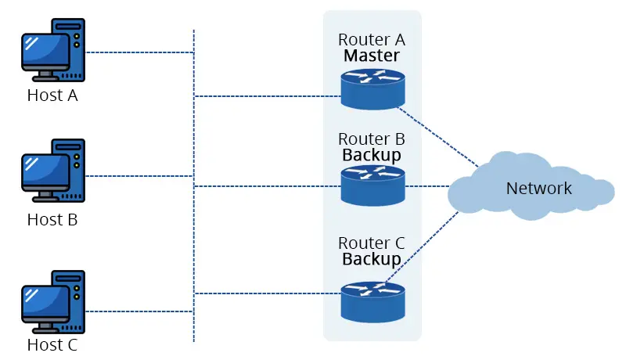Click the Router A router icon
[372, 87]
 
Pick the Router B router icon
[372, 185]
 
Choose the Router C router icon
[372, 301]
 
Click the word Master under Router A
[372, 56]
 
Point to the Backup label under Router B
[372, 155]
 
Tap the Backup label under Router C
[372, 258]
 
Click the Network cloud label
[538, 189]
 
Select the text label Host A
[52, 96]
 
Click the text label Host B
[52, 220]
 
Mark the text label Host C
[52, 344]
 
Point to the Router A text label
[372, 39]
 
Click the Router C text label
[372, 242]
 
